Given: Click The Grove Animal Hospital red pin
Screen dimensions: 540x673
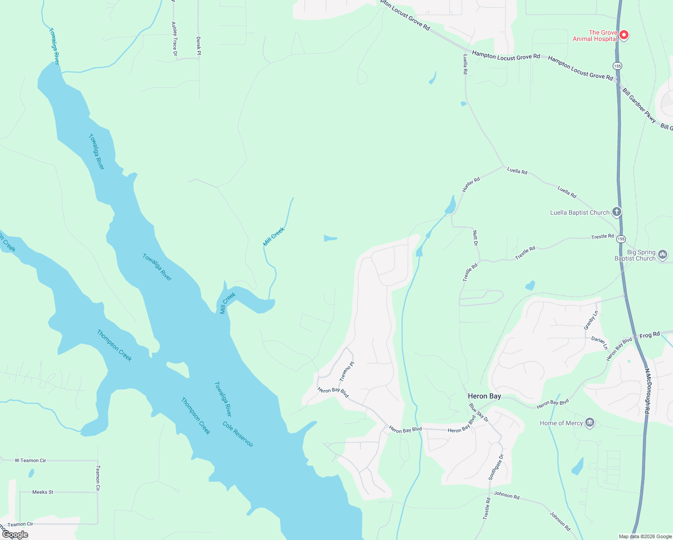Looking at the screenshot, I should [x=624, y=35].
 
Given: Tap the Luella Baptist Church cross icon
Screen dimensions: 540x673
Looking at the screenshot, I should [x=617, y=212].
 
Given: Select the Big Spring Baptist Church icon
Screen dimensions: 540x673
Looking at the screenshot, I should [x=663, y=255].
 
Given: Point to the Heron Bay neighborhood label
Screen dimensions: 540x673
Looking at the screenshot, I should [x=484, y=396].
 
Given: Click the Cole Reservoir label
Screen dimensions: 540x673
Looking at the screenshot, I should [x=238, y=434].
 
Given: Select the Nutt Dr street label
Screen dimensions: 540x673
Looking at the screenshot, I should [x=476, y=238].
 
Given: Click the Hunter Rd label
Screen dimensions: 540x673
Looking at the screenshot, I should [x=471, y=184].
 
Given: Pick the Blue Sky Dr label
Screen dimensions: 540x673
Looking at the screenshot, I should [x=479, y=412].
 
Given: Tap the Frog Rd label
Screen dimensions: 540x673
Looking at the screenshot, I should [x=649, y=335].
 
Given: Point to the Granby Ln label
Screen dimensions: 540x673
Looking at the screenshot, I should [x=591, y=320].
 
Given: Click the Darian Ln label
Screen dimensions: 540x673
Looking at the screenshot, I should [x=599, y=343].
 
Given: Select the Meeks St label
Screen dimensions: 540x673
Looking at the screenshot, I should [x=43, y=492].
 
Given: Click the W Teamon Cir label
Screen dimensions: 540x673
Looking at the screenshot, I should [x=30, y=460].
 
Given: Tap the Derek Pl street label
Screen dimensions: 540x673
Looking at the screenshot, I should [x=198, y=46].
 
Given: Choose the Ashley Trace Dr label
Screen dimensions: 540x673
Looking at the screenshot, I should [x=175, y=39].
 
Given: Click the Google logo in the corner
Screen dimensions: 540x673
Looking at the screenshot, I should [x=15, y=535].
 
